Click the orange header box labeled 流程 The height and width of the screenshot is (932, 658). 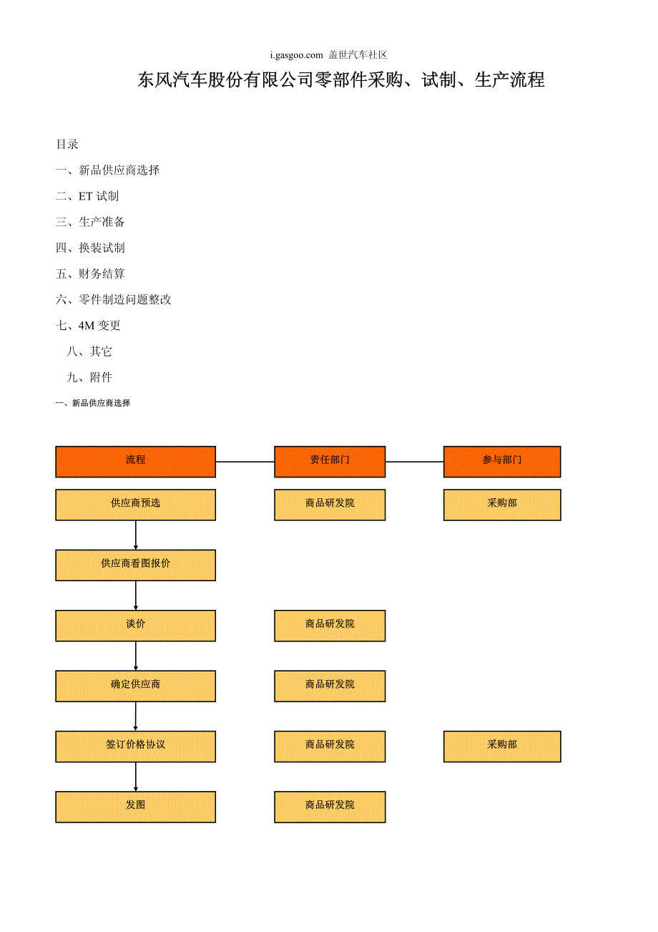click(135, 461)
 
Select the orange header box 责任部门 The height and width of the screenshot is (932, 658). click(330, 461)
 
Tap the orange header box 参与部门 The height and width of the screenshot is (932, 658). click(502, 461)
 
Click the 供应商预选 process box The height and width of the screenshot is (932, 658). click(135, 504)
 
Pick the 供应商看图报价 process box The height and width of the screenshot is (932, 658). click(135, 565)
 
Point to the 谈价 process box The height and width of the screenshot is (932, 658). click(135, 625)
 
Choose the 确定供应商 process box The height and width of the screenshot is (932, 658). click(135, 685)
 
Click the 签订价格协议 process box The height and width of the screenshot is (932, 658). click(135, 746)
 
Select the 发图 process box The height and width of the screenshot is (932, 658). click(135, 806)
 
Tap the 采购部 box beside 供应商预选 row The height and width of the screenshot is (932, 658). click(502, 504)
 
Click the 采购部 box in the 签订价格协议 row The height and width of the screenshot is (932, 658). click(502, 746)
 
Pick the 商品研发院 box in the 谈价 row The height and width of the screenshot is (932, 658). click(330, 625)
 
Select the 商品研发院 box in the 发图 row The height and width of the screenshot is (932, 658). click(330, 806)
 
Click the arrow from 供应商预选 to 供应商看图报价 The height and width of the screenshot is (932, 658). click(136, 535)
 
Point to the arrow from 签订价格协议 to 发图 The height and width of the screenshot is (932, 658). click(136, 777)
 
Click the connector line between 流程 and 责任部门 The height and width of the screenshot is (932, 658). click(245, 462)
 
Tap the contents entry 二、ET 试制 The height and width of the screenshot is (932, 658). click(87, 196)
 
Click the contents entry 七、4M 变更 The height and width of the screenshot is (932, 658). click(88, 325)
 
